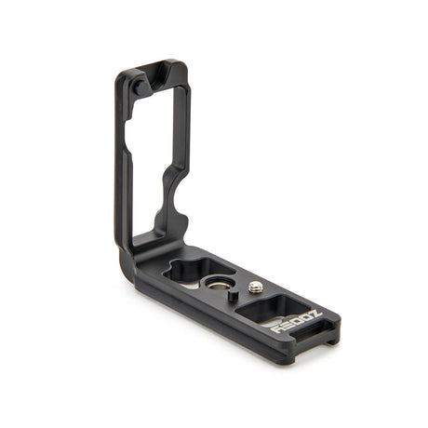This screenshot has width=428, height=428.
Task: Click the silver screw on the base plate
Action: (255, 288)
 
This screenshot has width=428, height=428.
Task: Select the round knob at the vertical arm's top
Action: (138, 87)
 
